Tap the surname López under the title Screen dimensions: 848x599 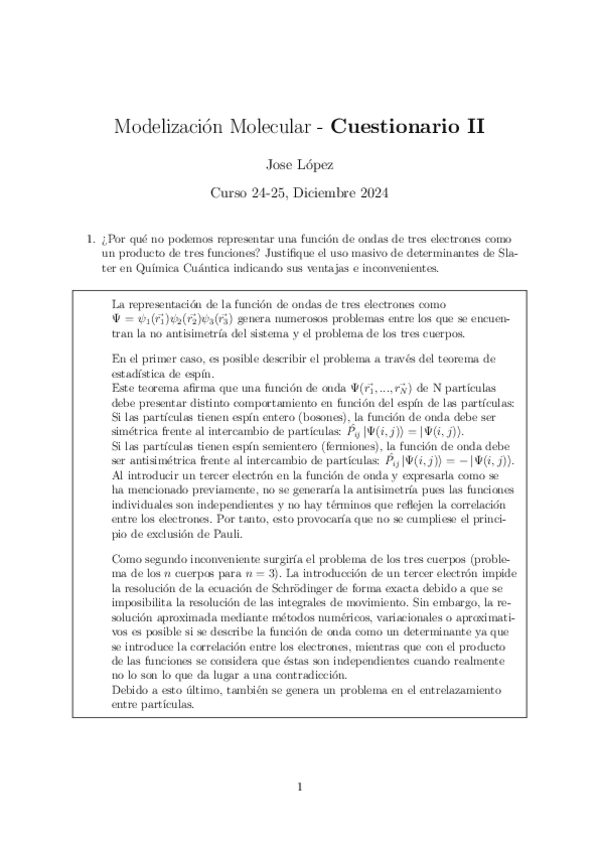point(318,161)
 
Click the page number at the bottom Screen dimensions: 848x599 point(299,786)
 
